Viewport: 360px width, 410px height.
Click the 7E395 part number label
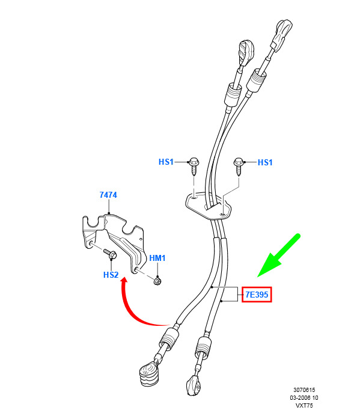click(257, 295)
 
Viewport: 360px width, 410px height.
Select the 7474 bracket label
click(108, 195)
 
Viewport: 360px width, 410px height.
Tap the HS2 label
click(111, 275)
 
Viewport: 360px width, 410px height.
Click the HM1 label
click(157, 258)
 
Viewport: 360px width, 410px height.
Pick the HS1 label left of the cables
click(166, 162)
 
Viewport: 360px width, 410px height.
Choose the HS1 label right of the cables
click(265, 162)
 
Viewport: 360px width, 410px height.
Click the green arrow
click(279, 255)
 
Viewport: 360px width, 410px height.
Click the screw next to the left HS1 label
click(194, 167)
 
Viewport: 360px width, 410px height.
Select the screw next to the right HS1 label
click(239, 167)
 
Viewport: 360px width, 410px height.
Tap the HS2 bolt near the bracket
click(111, 254)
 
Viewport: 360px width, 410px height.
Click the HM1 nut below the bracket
click(157, 281)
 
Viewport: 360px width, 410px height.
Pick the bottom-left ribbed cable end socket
click(149, 374)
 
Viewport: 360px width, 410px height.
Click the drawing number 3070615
click(304, 390)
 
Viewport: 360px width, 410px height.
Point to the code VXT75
click(304, 406)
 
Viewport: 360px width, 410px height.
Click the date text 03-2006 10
click(304, 398)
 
